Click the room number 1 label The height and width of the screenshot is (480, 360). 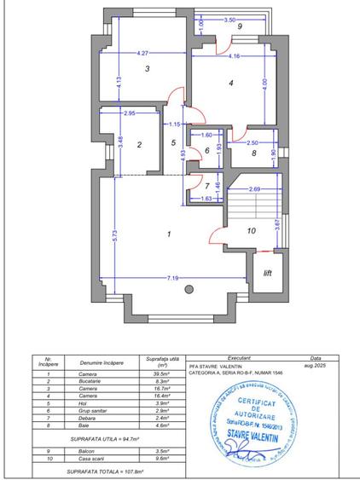click(170, 233)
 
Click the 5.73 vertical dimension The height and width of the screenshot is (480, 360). click(114, 234)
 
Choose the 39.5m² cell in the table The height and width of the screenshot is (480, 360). click(156, 373)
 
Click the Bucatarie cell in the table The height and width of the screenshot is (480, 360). click(84, 382)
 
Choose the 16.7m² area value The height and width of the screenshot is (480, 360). click(156, 389)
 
